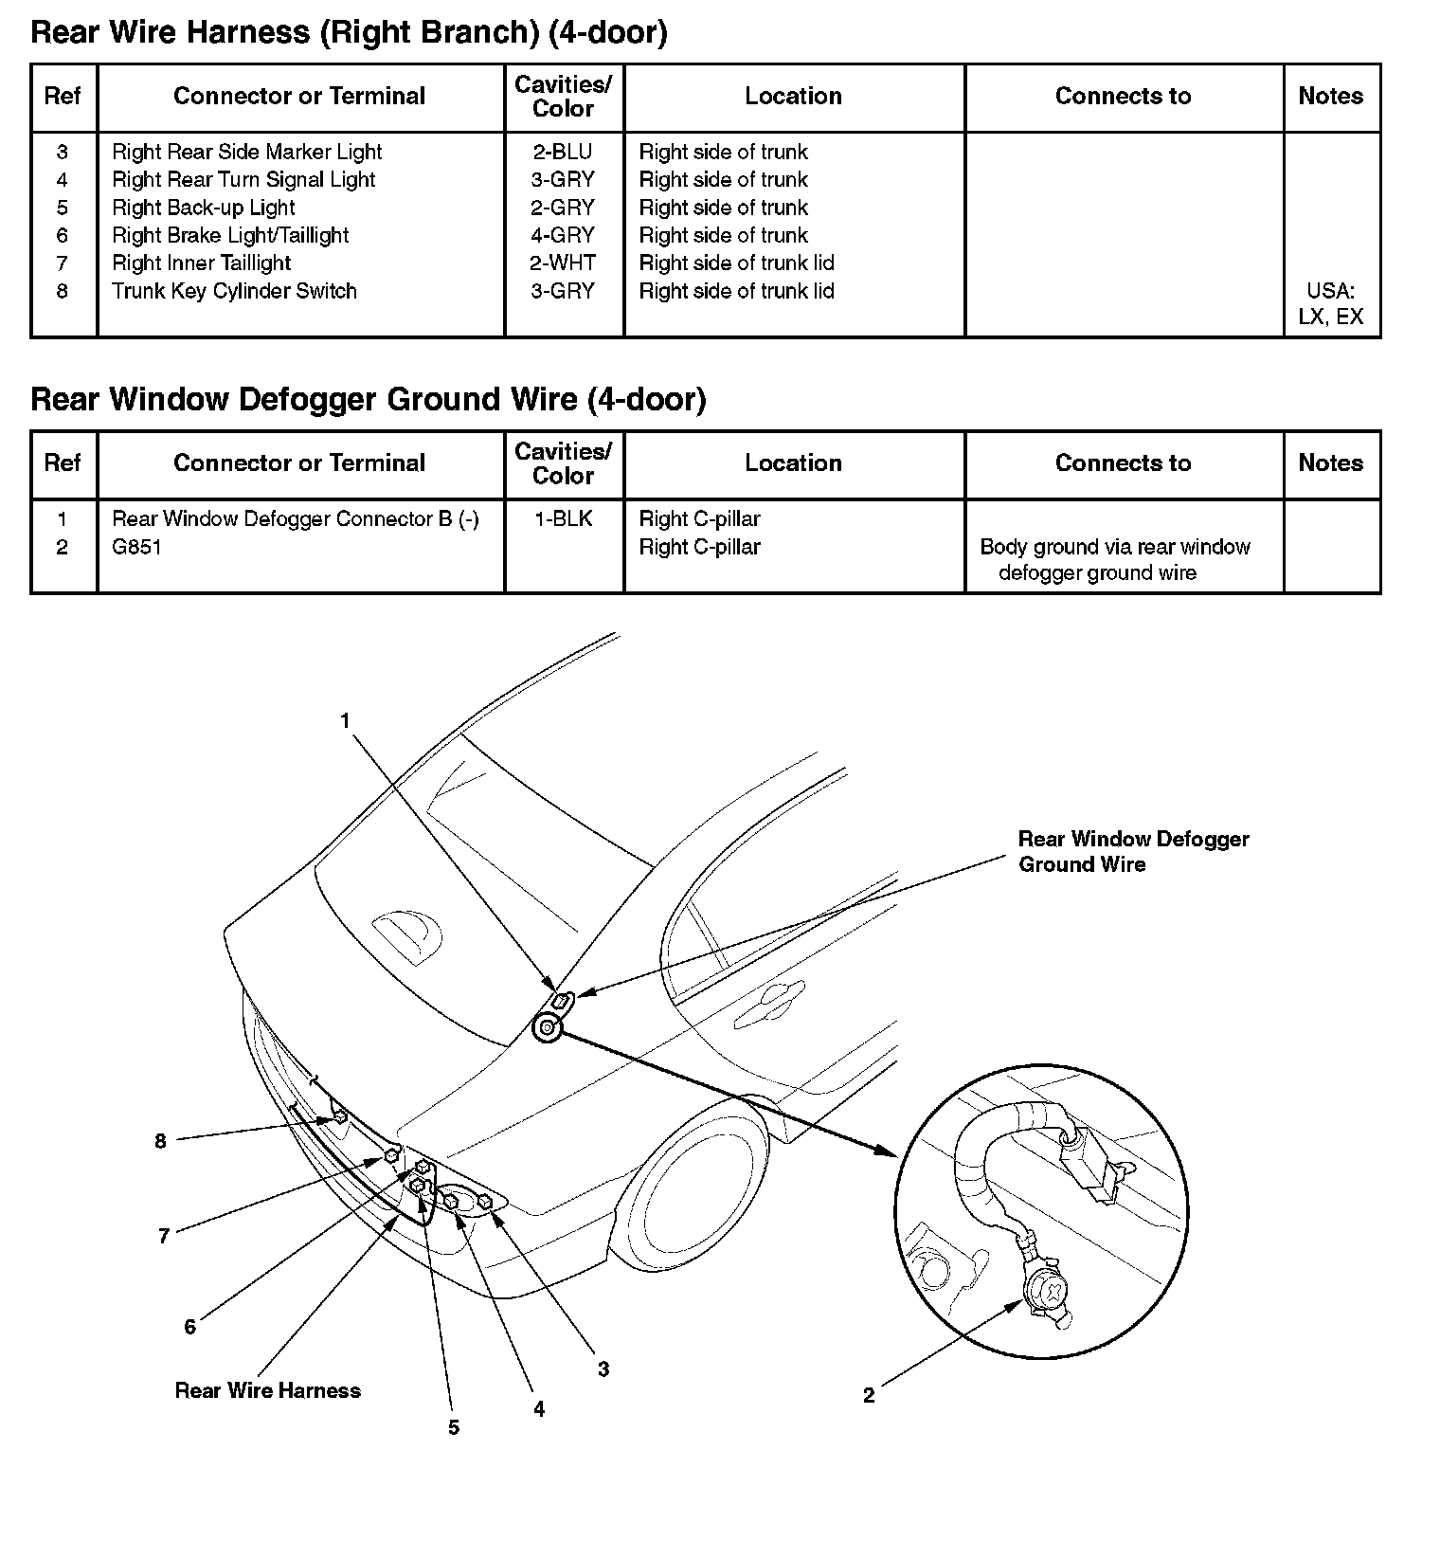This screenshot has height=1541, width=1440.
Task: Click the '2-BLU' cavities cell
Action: coord(563,152)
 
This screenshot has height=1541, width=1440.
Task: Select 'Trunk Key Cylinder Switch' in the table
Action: coord(234,291)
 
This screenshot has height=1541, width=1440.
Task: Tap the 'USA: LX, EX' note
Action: coord(1330,303)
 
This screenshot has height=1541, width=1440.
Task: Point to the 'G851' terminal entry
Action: coord(136,547)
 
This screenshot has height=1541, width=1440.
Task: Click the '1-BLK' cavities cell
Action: coord(563,518)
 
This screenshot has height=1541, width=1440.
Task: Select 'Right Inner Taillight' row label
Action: coord(201,263)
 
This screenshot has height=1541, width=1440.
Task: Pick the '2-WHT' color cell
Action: coord(563,263)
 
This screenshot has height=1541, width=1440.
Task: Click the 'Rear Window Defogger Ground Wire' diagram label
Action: coord(1132,851)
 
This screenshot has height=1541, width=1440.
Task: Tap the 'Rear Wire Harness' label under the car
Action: coord(267,1390)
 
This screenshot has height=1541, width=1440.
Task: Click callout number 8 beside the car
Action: coord(160,1141)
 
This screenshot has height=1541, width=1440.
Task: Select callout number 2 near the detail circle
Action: coord(869,1395)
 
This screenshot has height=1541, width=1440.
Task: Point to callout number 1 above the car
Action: coord(346,721)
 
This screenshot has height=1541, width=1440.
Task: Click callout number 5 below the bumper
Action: coord(454,1427)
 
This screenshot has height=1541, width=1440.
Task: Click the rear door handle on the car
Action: coord(770,994)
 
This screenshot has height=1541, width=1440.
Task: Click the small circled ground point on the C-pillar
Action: coord(548,1027)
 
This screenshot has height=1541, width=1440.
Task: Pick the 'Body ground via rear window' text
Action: coord(1114,547)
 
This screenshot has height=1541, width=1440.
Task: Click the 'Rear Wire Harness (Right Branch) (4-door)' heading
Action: coord(349,33)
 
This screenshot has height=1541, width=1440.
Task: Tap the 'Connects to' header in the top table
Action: coord(1123,96)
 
